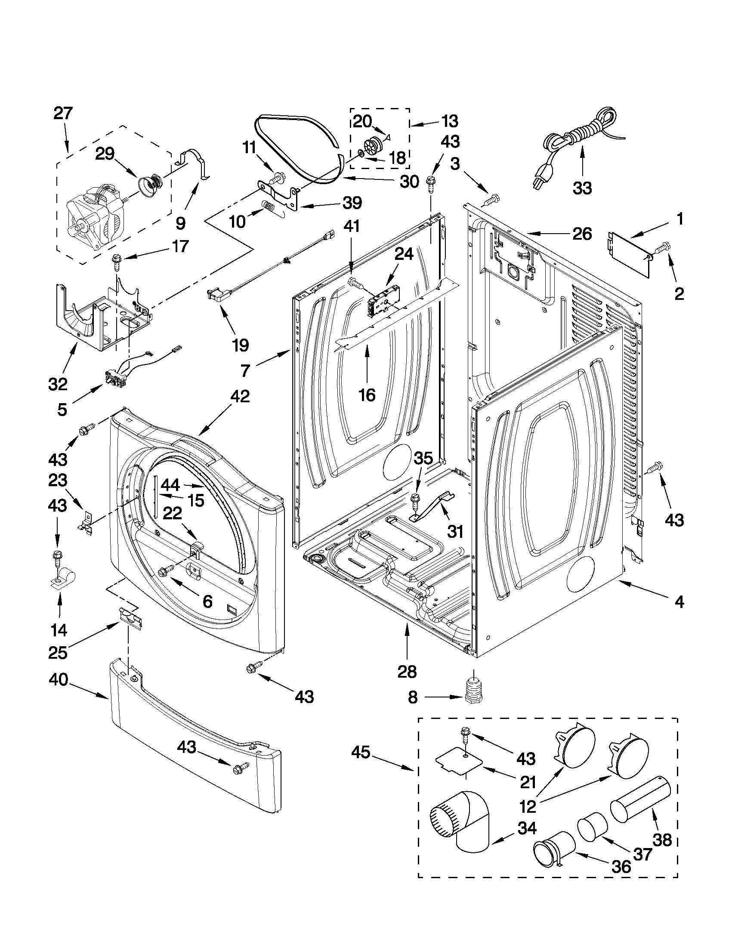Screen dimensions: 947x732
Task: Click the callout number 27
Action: pyautogui.click(x=64, y=114)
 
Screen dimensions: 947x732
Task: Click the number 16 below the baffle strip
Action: pyautogui.click(x=368, y=395)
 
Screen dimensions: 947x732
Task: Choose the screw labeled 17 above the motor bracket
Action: pyautogui.click(x=117, y=262)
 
